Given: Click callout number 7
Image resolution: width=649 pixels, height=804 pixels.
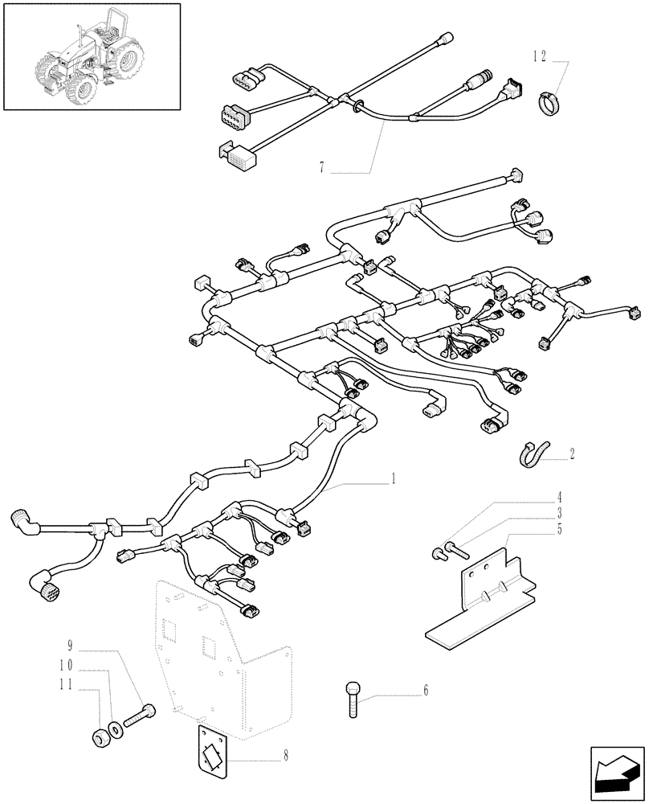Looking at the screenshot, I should click(x=321, y=168).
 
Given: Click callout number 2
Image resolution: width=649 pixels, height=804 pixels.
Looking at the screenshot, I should click(x=573, y=453).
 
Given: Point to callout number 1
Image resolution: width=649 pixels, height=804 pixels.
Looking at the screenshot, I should click(x=393, y=479).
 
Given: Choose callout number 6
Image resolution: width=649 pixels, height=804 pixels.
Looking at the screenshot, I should click(x=426, y=690).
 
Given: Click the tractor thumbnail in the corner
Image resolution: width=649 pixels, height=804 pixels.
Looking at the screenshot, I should click(x=92, y=56).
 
